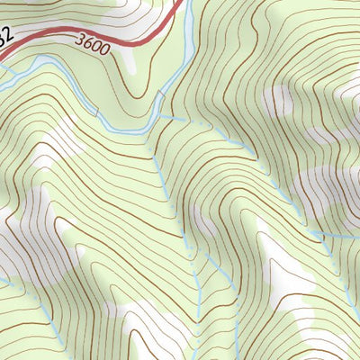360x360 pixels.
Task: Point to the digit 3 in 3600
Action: [82, 40]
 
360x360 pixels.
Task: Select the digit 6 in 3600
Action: [91, 42]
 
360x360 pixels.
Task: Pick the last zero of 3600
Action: [109, 49]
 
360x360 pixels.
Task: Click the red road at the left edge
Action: [2, 56]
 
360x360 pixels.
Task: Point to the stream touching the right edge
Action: [356, 237]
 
